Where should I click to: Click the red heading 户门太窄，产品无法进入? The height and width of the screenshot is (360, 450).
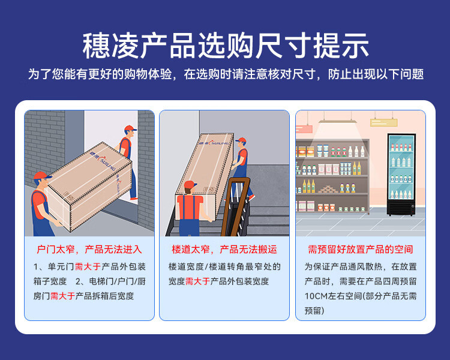(x=89, y=249)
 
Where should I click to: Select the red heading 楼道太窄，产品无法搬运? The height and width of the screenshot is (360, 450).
(x=224, y=249)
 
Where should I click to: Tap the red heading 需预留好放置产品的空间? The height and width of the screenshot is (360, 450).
(x=360, y=249)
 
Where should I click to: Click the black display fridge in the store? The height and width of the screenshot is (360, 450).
(x=401, y=174)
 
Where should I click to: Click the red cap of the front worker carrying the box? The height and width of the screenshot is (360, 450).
(x=40, y=176)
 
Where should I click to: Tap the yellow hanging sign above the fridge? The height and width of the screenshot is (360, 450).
(x=384, y=122)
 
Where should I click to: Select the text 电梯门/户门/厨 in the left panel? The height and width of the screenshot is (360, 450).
(x=117, y=281)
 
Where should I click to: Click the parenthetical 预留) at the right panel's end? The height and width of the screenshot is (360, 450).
(x=314, y=310)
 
